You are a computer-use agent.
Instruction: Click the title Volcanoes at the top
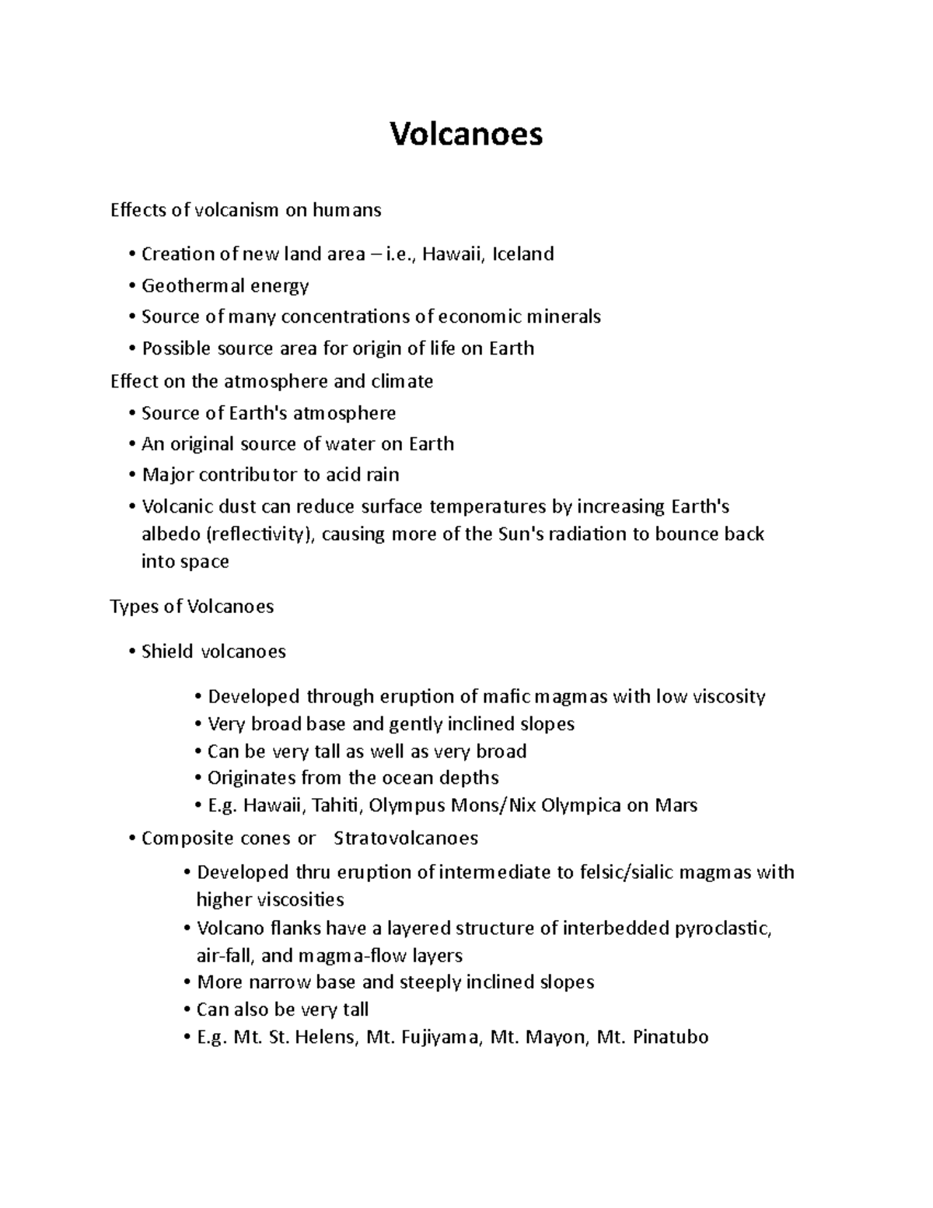(x=466, y=135)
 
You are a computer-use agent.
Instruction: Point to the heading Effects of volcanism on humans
(x=246, y=210)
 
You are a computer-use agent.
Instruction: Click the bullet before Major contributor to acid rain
(x=134, y=475)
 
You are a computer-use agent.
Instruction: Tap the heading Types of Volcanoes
(x=192, y=607)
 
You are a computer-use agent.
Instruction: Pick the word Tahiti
(x=337, y=805)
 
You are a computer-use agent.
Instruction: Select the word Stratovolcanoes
(x=405, y=839)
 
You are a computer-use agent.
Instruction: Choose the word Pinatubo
(x=671, y=1038)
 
